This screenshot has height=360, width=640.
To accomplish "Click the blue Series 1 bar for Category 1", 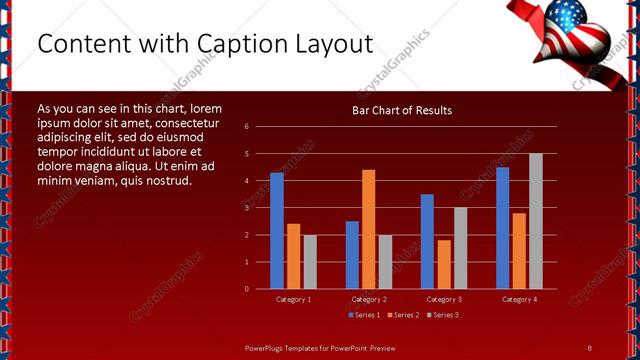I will click(x=277, y=231).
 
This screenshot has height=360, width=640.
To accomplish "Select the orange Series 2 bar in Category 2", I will click(x=369, y=229).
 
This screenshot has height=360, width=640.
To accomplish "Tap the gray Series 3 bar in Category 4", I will click(x=536, y=221).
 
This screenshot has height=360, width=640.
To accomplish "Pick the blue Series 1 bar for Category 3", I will click(x=427, y=241).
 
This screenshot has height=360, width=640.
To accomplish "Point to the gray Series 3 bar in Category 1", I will click(x=310, y=261).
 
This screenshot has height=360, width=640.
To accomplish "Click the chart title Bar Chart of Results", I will click(x=402, y=110).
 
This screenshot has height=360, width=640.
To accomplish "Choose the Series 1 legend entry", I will click(x=364, y=315).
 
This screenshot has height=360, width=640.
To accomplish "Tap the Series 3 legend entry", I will click(x=442, y=315).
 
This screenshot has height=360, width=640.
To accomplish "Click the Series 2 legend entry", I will click(x=403, y=315).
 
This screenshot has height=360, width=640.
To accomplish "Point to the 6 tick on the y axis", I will click(x=260, y=127).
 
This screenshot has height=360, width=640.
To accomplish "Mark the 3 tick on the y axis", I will click(x=260, y=208).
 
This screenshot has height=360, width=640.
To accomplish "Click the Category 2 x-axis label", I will click(x=369, y=299).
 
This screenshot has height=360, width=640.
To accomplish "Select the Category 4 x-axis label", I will click(x=519, y=299).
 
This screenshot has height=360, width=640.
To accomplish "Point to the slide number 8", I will click(x=589, y=347).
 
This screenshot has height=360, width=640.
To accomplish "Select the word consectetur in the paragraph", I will click(x=185, y=122).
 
